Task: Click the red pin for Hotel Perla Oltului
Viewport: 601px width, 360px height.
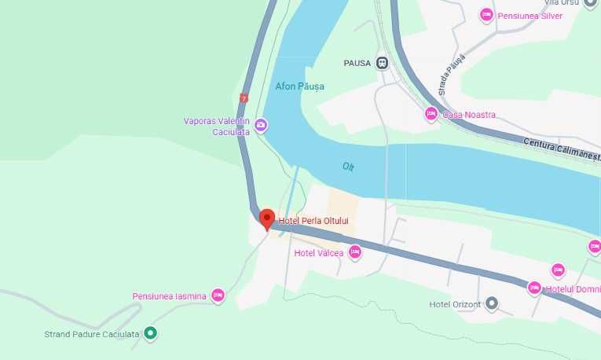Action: pyautogui.click(x=266, y=219)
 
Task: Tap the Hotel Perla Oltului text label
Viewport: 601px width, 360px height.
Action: pyautogui.click(x=314, y=221)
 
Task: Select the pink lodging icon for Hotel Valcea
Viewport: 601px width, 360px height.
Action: pyautogui.click(x=355, y=252)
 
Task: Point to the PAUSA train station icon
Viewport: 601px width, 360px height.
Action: pyautogui.click(x=383, y=63)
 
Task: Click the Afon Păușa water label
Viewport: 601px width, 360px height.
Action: pyautogui.click(x=299, y=86)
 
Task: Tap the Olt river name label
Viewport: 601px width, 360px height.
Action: pyautogui.click(x=348, y=167)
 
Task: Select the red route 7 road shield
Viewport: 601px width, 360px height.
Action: pyautogui.click(x=244, y=98)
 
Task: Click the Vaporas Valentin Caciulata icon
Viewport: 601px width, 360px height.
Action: pyautogui.click(x=261, y=125)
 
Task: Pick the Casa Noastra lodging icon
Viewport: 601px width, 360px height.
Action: pyautogui.click(x=431, y=115)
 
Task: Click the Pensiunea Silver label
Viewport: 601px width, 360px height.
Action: pyautogui.click(x=530, y=16)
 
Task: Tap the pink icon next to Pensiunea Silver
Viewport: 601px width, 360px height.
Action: pyautogui.click(x=486, y=15)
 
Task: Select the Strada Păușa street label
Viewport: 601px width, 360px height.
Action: pyautogui.click(x=453, y=75)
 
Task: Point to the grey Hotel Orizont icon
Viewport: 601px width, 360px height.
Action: pyautogui.click(x=492, y=303)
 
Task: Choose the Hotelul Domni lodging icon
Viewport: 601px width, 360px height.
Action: pyautogui.click(x=534, y=288)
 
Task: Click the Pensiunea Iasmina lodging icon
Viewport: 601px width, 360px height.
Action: pyautogui.click(x=218, y=296)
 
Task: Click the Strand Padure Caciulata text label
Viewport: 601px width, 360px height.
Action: pyautogui.click(x=92, y=334)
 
